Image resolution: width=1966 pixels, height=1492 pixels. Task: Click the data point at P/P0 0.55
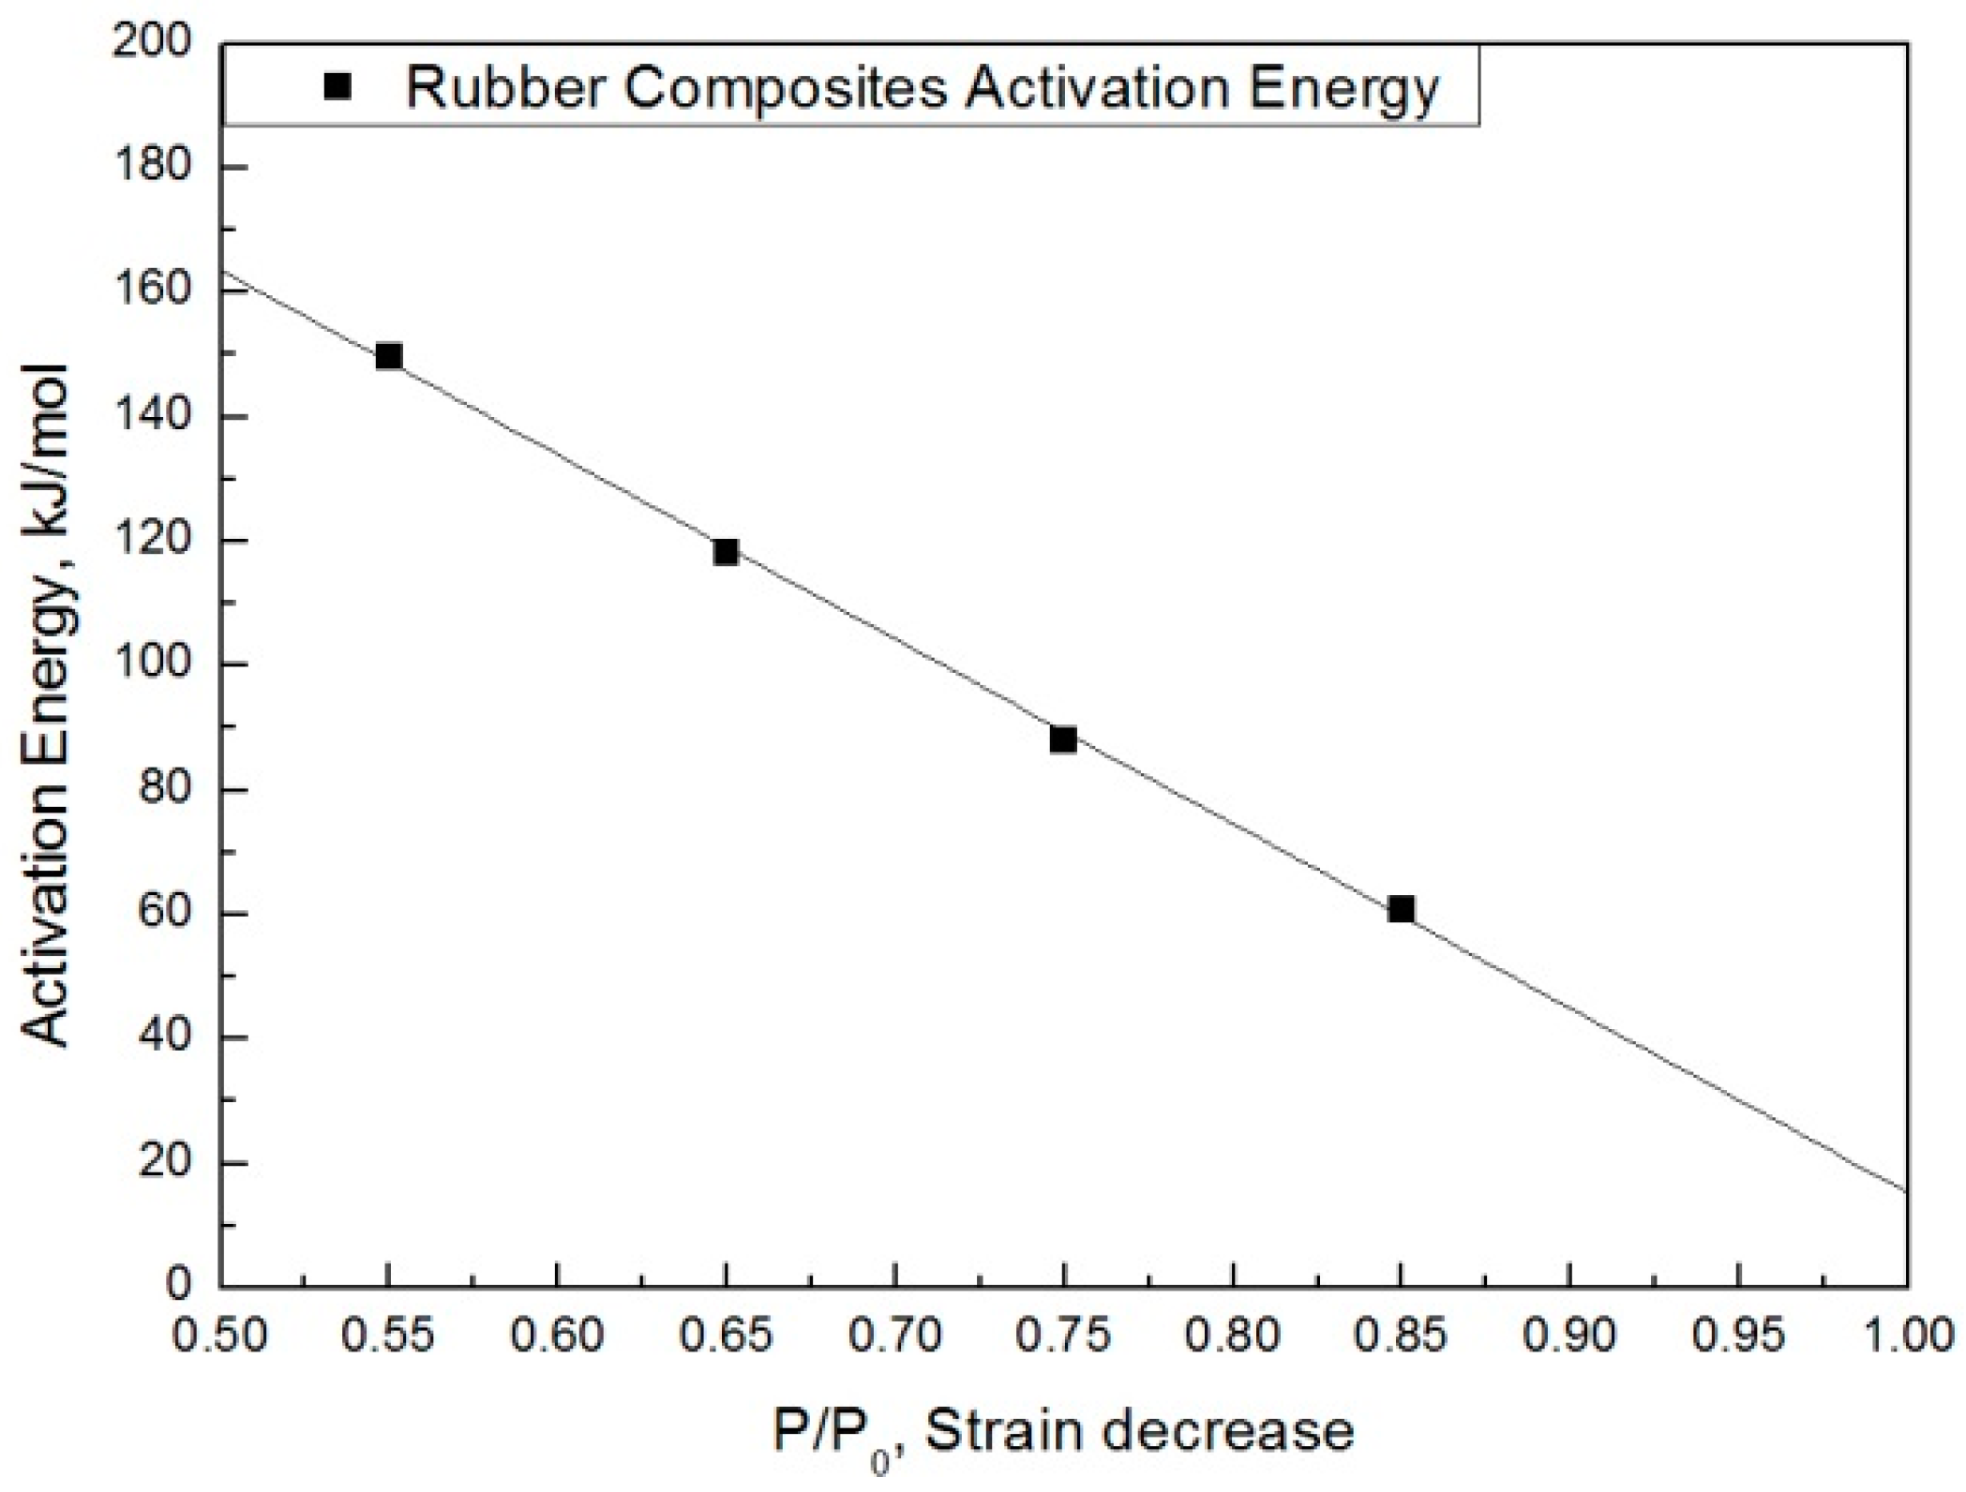coord(388,356)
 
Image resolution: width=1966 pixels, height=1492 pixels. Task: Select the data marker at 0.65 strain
coord(725,551)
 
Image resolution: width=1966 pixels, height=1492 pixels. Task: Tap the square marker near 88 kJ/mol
coord(1062,739)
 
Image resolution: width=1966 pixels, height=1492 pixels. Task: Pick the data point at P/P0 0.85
coord(1401,909)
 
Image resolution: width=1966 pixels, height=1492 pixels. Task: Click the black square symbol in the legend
coord(337,87)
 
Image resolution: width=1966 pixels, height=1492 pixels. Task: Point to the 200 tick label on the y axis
coord(151,43)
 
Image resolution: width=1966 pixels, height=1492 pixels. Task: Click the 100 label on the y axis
coord(151,664)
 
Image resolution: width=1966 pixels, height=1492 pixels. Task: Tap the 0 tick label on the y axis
coord(178,1284)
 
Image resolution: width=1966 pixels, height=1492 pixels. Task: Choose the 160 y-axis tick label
coord(151,291)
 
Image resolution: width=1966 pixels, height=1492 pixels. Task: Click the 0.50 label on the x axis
coord(220,1335)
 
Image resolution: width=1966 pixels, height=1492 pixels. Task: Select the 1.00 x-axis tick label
coord(1907,1335)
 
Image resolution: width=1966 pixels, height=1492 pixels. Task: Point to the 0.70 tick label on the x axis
coord(895,1335)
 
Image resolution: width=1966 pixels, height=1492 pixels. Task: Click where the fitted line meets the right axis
coord(1907,1191)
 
